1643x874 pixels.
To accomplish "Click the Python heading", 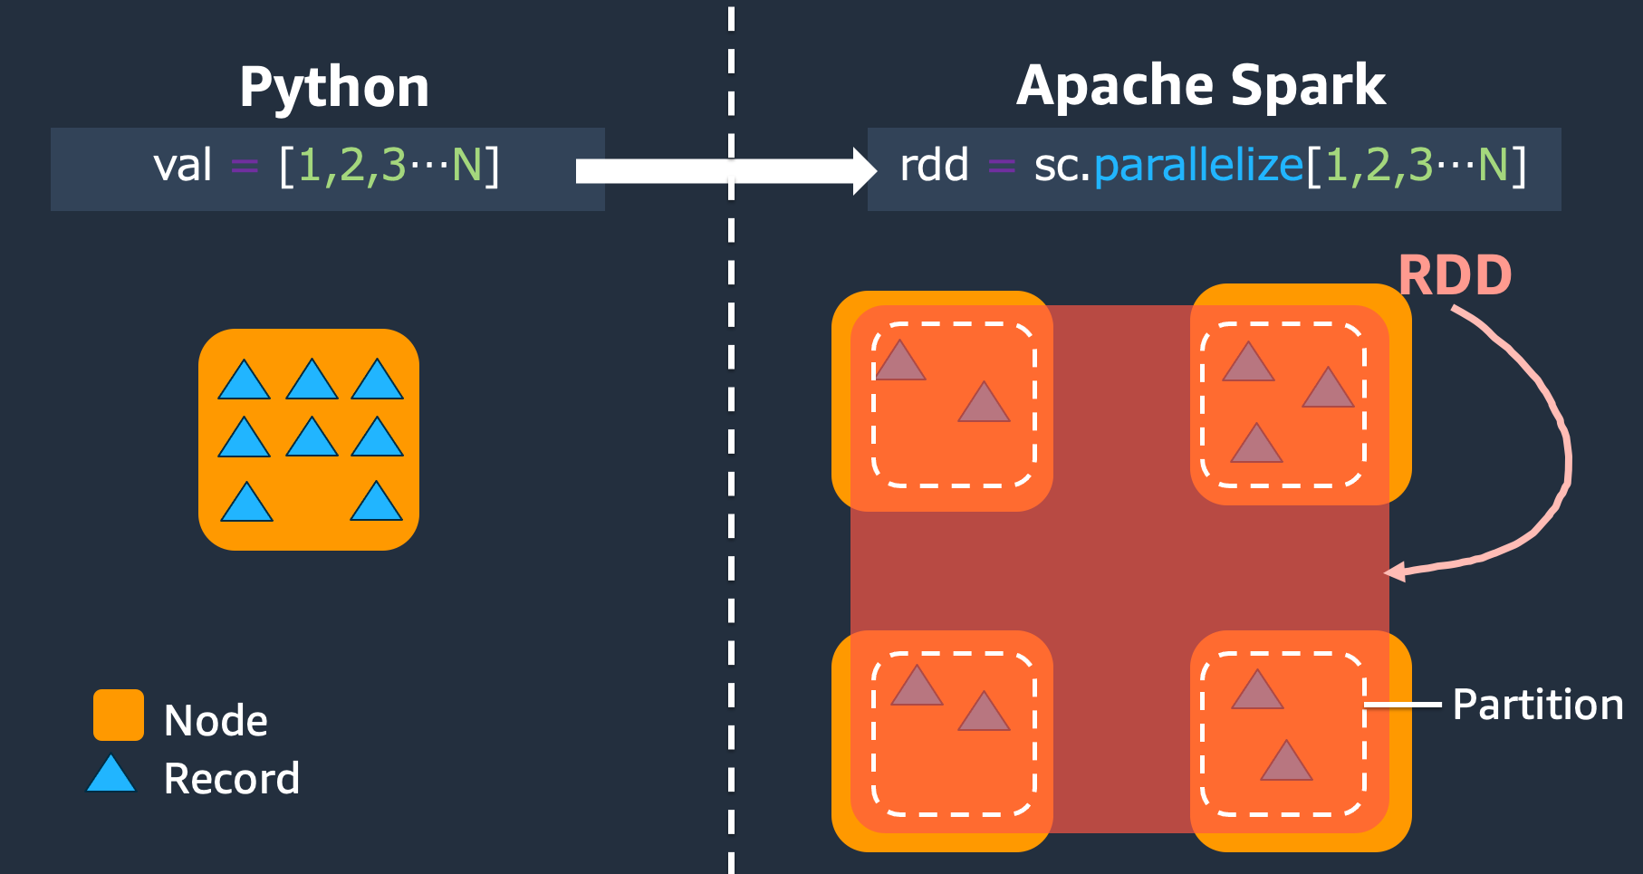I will coord(334,88).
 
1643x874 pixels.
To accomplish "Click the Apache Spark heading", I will coord(1200,86).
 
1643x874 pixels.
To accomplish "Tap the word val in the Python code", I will coord(182,166).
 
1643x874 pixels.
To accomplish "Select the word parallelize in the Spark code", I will coord(1198,166).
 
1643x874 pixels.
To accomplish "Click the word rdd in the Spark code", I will coord(934,166).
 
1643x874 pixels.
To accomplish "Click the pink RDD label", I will coord(1455,275).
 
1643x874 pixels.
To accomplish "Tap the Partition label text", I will coord(1537,705).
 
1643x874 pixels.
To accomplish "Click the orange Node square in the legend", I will coord(119,715).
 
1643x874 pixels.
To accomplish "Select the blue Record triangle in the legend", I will coord(111,776).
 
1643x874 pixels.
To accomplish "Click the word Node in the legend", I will coord(216,721).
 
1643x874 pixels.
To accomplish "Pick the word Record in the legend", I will coord(231,779).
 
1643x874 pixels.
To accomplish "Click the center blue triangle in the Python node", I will coord(312,439).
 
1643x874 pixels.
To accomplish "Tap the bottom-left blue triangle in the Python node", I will coord(246,504).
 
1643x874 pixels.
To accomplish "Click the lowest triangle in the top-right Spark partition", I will coord(1256,446).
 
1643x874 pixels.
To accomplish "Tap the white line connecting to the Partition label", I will coord(1404,704).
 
